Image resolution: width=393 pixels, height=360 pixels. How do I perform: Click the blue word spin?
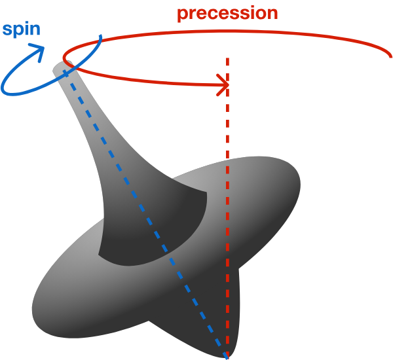coord(21,30)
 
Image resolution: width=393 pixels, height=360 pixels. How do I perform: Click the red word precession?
coord(227,13)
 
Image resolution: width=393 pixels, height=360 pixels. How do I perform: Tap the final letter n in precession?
coord(271,13)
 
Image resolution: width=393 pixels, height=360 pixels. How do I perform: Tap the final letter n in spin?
coord(35,30)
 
